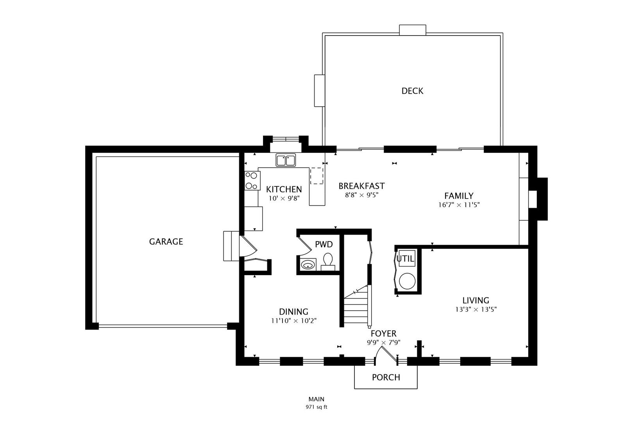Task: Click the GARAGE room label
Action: click(x=166, y=241)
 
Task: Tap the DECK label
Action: click(x=412, y=91)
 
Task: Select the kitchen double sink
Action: click(x=286, y=160)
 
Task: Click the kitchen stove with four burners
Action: click(x=252, y=181)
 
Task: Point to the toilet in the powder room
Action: click(x=328, y=261)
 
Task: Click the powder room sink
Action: click(x=308, y=265)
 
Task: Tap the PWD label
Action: click(x=324, y=245)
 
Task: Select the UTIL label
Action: click(x=405, y=259)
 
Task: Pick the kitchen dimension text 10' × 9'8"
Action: click(x=284, y=198)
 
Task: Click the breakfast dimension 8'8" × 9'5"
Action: click(x=361, y=195)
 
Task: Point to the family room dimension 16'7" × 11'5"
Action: click(x=459, y=204)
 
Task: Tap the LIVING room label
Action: click(x=476, y=300)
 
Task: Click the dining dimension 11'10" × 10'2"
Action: click(x=293, y=321)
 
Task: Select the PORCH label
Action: click(x=386, y=377)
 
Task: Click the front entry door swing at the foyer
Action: click(x=385, y=354)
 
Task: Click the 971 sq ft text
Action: click(x=316, y=407)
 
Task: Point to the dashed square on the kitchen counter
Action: click(x=317, y=176)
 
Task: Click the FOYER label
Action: click(x=383, y=334)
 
